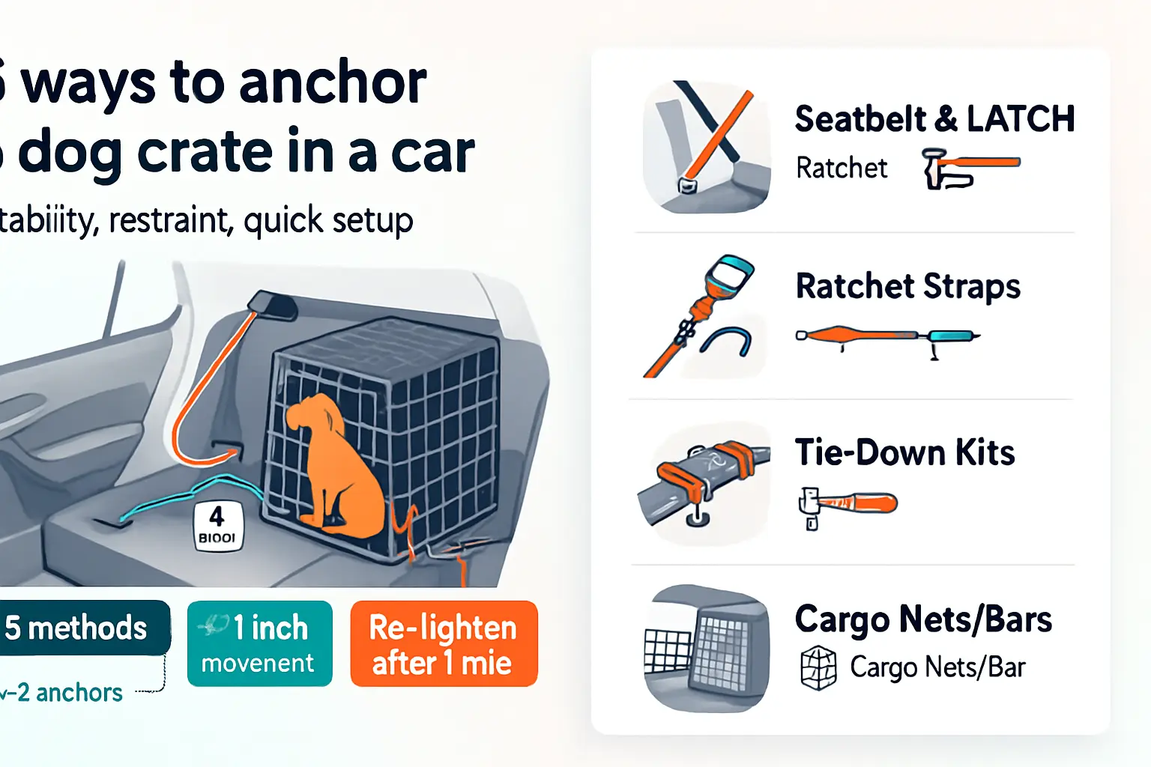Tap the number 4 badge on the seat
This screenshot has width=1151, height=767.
pyautogui.click(x=218, y=526)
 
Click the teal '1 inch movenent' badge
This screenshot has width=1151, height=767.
pyautogui.click(x=259, y=644)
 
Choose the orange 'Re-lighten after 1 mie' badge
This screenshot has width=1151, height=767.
pyautogui.click(x=444, y=644)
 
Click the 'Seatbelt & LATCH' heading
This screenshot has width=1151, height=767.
pyautogui.click(x=934, y=119)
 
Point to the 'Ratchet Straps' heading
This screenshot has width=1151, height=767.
pyautogui.click(x=907, y=286)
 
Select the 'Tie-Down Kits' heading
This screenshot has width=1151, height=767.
pyautogui.click(x=904, y=452)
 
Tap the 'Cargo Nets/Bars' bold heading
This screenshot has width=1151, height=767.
pyautogui.click(x=923, y=619)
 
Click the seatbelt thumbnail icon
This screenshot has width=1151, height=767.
pyautogui.click(x=707, y=147)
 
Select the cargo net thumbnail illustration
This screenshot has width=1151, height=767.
pyautogui.click(x=707, y=649)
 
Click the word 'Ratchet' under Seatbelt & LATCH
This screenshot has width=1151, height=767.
pyautogui.click(x=842, y=169)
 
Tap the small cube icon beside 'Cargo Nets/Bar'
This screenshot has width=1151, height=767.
pyautogui.click(x=818, y=667)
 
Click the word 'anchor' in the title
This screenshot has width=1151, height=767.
pyautogui.click(x=333, y=82)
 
